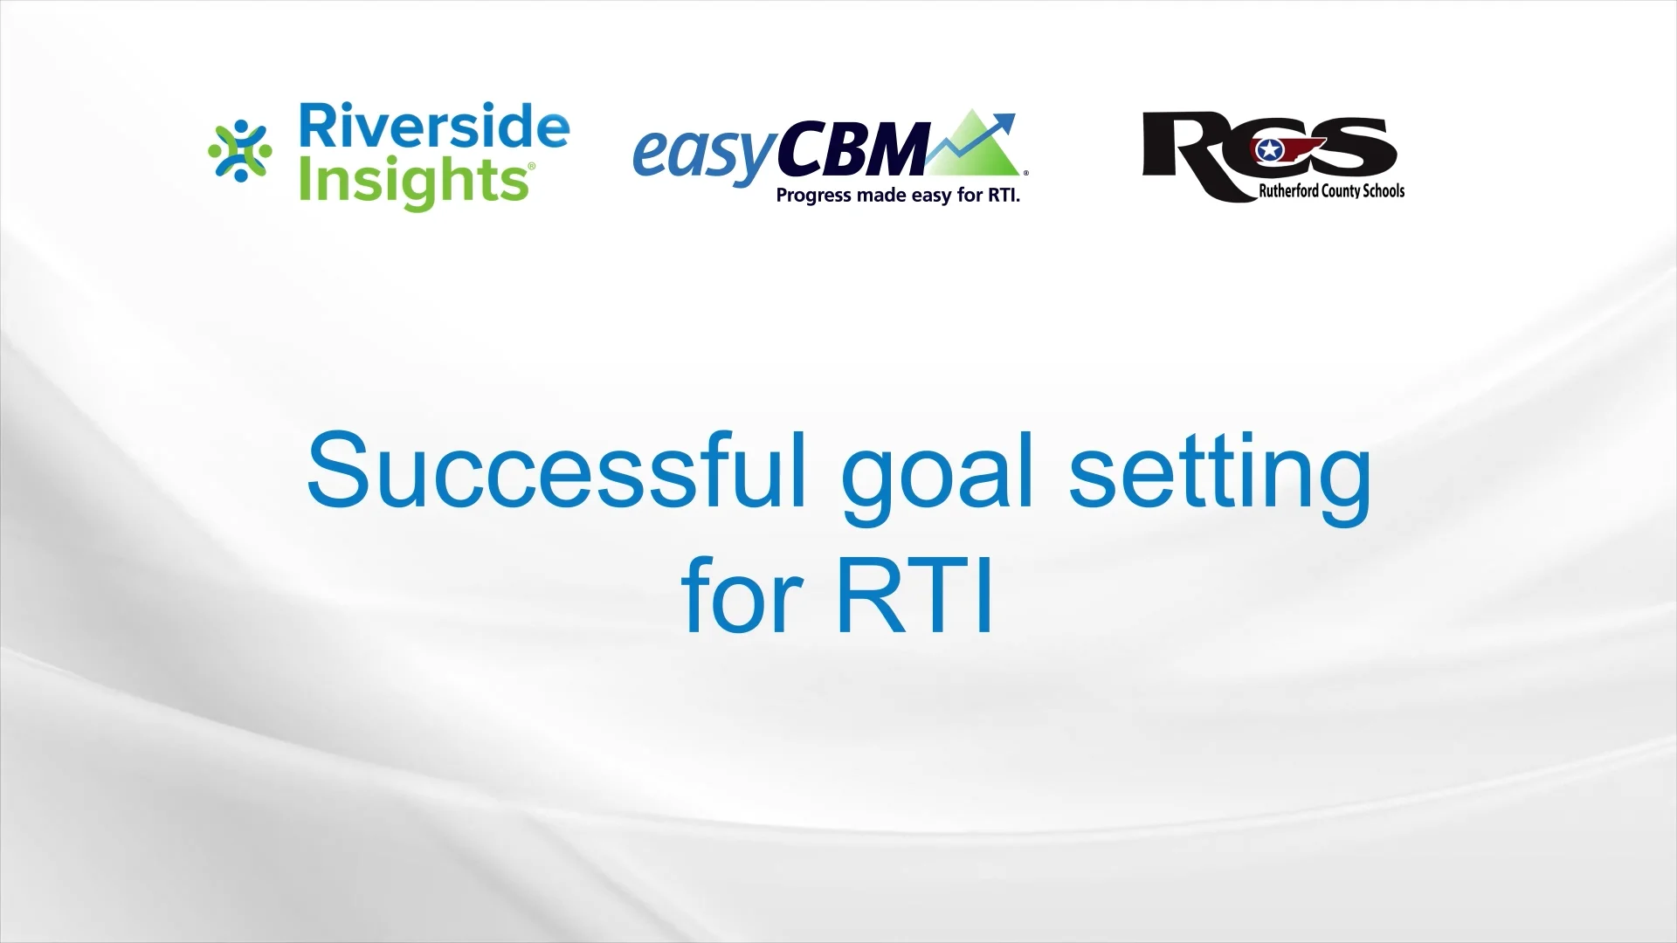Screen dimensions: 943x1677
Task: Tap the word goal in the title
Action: coord(936,476)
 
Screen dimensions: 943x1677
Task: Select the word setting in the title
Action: coord(1220,476)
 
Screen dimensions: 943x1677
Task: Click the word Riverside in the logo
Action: coord(434,127)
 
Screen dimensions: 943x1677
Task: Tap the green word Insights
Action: coord(415,182)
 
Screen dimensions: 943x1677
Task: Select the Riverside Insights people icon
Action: coord(240,152)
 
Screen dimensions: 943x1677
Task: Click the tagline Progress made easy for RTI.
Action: coord(898,196)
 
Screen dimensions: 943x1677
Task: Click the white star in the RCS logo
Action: coord(1268,152)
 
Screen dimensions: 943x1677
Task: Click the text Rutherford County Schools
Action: coord(1331,191)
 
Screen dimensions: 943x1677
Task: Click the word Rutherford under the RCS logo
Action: coord(1287,191)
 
